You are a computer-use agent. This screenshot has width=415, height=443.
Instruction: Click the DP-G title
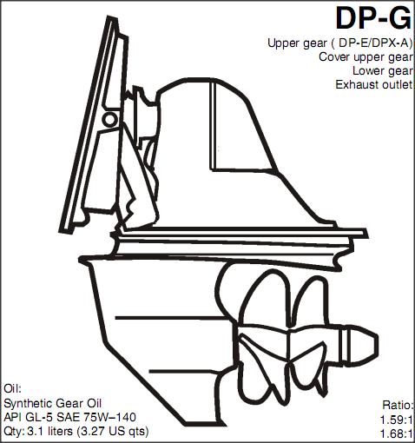(373, 18)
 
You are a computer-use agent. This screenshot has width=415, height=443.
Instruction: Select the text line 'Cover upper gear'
(366, 57)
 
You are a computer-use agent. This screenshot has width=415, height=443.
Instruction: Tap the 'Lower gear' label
(383, 71)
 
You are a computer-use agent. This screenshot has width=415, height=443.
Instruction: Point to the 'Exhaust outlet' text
(374, 84)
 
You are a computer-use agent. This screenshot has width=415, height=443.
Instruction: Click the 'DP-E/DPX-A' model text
(373, 43)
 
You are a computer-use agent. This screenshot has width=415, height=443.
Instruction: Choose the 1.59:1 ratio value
(396, 420)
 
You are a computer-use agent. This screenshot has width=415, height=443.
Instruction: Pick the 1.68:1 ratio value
(396, 433)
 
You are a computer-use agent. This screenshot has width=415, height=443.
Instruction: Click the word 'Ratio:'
(399, 405)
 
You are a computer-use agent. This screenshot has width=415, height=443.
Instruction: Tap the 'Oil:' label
(12, 388)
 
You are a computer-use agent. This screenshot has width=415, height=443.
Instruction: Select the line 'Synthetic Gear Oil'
(52, 403)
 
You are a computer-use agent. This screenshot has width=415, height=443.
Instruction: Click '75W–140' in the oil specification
(109, 417)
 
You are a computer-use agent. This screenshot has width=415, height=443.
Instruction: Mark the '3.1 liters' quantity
(49, 431)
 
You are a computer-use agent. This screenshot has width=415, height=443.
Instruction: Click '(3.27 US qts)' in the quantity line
(113, 432)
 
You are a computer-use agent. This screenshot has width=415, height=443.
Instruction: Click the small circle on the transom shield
(110, 120)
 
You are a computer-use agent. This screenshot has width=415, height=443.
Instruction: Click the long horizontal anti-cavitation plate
(243, 233)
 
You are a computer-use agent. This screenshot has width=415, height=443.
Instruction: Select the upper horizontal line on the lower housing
(171, 318)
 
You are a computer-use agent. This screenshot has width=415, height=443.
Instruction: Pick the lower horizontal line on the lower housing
(191, 371)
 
